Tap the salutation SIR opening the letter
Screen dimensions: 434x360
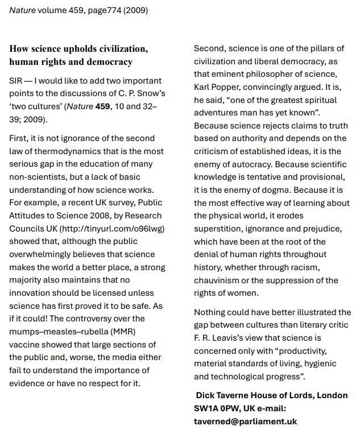pyautogui.click(x=16, y=81)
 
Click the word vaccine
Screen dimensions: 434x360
pyautogui.click(x=26, y=344)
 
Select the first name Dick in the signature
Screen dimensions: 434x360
pyautogui.click(x=206, y=395)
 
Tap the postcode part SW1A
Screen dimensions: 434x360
pyautogui.click(x=206, y=408)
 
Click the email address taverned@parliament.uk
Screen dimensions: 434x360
pyautogui.click(x=245, y=421)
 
